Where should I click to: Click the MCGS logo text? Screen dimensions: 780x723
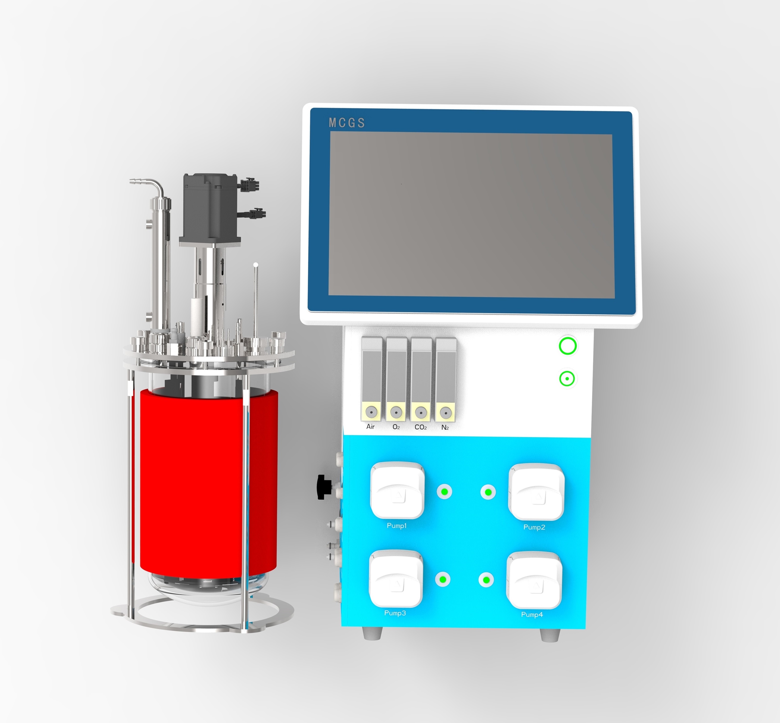pyautogui.click(x=347, y=123)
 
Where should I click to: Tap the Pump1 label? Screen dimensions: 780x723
pyautogui.click(x=396, y=525)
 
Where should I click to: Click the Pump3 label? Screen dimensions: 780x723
pyautogui.click(x=395, y=613)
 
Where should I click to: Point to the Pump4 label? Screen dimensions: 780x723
pyautogui.click(x=532, y=614)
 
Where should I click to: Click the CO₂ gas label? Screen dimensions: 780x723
pyautogui.click(x=421, y=427)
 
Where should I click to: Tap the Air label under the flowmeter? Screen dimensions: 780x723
pyautogui.click(x=370, y=426)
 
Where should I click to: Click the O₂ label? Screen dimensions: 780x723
pyautogui.click(x=396, y=427)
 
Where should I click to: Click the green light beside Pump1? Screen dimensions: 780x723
pyautogui.click(x=444, y=491)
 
